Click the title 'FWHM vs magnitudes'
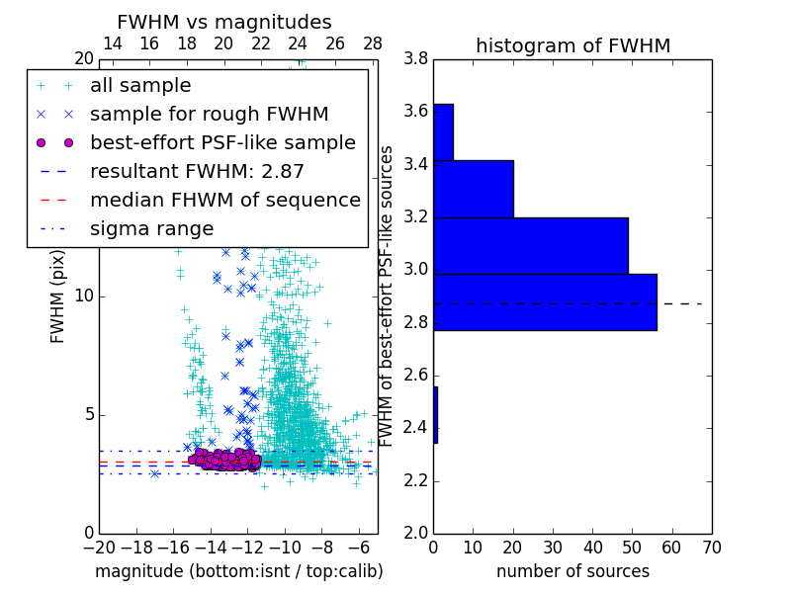[x=224, y=22]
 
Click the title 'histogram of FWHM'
[x=572, y=45]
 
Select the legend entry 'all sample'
[x=140, y=86]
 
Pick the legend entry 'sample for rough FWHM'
[x=209, y=114]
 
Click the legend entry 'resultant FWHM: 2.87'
[x=197, y=171]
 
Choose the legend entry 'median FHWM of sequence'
[x=224, y=200]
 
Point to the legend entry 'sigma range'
[x=151, y=228]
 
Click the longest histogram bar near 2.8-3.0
[x=545, y=301]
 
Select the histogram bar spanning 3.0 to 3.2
[x=531, y=245]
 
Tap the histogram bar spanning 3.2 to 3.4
[x=474, y=189]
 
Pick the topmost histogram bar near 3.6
[x=443, y=131]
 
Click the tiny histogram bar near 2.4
[x=435, y=414]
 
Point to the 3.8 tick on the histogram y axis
[x=415, y=58]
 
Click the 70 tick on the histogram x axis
[x=711, y=547]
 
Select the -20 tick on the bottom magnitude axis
[x=99, y=547]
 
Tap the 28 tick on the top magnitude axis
[x=373, y=43]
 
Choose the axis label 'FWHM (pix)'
[x=58, y=296]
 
